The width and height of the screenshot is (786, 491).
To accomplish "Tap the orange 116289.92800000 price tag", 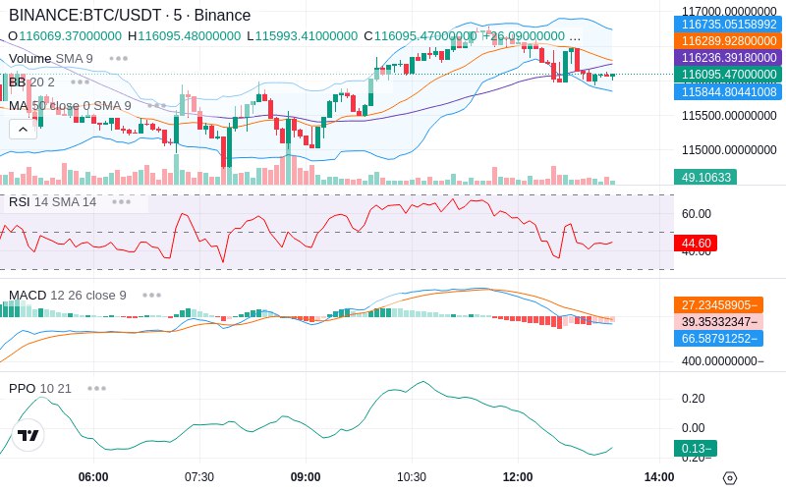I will pos(729,41).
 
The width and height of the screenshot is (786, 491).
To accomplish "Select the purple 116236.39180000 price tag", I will pos(729,58).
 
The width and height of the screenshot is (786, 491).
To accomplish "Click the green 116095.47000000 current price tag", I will pos(729,75).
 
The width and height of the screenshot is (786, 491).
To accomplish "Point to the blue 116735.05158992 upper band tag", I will pos(729,25).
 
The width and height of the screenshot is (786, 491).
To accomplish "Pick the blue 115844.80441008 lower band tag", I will pos(729,91).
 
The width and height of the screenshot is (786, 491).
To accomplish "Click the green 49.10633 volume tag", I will pos(704,177).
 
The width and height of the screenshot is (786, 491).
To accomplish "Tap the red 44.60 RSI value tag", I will pos(696,243).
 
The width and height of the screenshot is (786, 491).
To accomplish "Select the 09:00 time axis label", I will pos(306,476).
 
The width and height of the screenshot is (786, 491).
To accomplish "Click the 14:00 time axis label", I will pos(659,476).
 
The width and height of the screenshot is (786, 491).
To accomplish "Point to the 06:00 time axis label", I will pos(93,476).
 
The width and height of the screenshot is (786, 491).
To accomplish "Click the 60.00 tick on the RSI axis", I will pos(697,213).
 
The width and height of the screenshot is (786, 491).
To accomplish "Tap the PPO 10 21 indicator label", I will pos(40,388).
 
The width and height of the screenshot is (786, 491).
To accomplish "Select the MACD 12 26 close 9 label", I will pos(68,295).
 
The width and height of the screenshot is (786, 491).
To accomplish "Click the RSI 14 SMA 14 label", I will pos(53,202).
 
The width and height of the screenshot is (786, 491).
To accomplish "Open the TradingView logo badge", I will pos(28,435).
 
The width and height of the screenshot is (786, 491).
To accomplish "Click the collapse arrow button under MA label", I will pos(24,129).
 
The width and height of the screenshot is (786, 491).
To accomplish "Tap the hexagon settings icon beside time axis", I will pos(729,477).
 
